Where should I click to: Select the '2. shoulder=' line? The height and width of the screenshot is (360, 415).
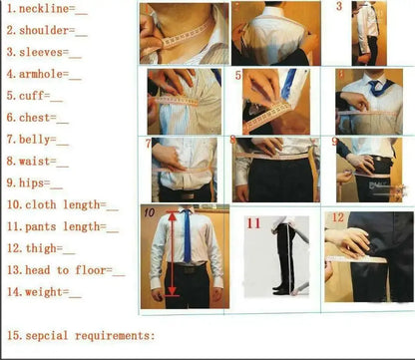tap(48, 31)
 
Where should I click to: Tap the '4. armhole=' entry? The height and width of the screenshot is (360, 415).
tap(45, 75)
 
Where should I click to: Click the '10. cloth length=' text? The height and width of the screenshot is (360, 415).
tap(62, 205)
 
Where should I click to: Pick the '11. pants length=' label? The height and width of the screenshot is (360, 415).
tap(62, 227)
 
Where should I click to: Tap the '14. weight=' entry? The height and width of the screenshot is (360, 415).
tap(45, 292)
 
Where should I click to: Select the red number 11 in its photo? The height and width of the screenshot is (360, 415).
tap(253, 224)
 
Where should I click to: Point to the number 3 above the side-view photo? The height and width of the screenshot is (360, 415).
tap(339, 7)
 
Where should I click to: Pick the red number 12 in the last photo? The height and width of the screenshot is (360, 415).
tap(338, 217)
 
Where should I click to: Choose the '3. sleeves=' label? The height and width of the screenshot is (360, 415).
tap(45, 53)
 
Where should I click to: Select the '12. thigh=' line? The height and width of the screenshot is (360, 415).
tap(41, 248)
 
